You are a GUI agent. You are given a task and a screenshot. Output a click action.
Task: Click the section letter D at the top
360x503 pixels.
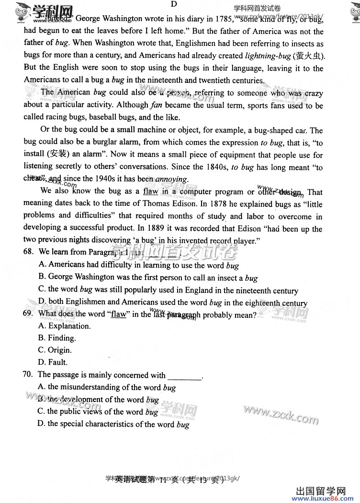(174, 4)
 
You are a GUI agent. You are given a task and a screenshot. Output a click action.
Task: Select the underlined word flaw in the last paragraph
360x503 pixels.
(150, 191)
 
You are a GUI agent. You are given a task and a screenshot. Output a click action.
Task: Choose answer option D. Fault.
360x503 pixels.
(53, 362)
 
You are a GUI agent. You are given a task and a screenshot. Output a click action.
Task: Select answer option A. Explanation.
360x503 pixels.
(64, 326)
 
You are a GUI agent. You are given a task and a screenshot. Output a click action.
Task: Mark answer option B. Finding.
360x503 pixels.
(57, 338)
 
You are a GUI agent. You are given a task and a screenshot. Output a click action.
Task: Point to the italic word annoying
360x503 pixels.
(171, 179)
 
